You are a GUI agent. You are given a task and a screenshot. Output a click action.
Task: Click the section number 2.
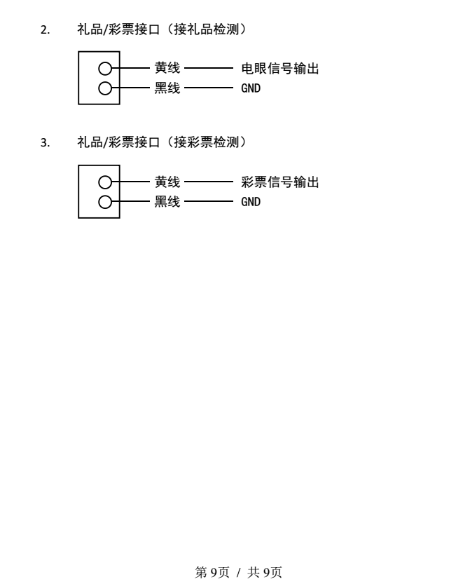click(45, 29)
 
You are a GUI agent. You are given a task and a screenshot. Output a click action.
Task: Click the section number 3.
click(45, 142)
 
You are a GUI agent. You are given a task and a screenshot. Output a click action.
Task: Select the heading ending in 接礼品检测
click(162, 29)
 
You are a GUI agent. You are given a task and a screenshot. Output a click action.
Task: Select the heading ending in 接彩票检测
click(162, 142)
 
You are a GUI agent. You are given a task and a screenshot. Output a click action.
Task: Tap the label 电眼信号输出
click(280, 69)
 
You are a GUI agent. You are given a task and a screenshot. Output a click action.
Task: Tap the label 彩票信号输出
click(280, 182)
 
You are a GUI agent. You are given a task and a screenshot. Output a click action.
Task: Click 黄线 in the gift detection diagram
click(167, 68)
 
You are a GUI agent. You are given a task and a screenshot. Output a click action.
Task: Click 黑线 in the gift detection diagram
click(167, 88)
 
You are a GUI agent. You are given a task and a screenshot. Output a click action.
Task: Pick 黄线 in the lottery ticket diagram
click(167, 182)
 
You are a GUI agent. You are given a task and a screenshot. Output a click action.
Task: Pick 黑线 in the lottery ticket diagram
click(167, 201)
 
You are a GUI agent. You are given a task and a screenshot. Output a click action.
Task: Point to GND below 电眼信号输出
click(251, 88)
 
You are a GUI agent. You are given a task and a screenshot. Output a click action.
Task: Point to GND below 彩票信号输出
click(251, 202)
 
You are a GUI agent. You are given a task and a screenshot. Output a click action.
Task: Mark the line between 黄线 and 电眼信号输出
click(209, 68)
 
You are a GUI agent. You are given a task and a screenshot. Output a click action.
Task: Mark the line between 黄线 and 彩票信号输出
click(209, 182)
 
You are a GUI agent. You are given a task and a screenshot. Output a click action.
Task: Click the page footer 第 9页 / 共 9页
click(238, 572)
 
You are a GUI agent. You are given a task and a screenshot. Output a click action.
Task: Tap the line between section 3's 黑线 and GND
click(209, 201)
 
